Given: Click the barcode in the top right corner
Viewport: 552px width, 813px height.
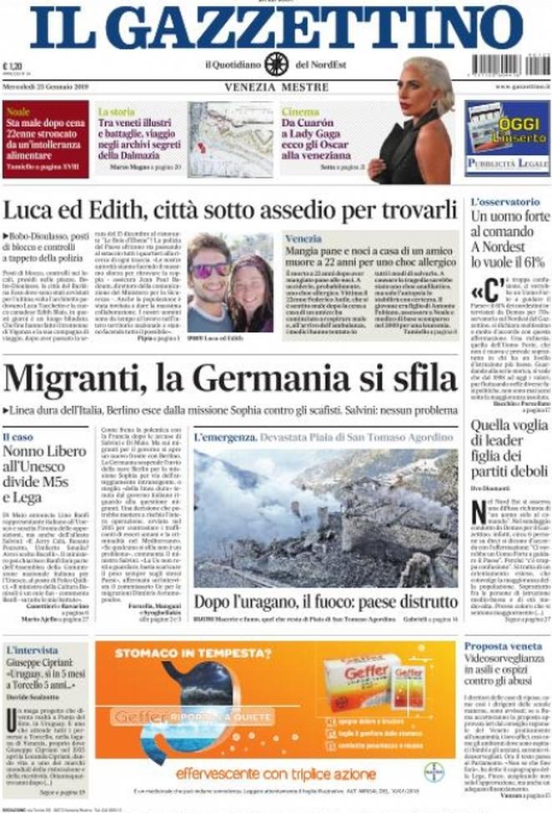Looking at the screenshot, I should pos(504,64).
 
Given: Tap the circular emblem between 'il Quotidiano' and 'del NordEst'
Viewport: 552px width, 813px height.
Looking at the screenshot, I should pos(276,63).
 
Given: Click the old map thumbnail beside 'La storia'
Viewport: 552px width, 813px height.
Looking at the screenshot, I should pos(230,139).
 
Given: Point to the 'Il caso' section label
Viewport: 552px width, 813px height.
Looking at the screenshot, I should pos(18,436).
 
